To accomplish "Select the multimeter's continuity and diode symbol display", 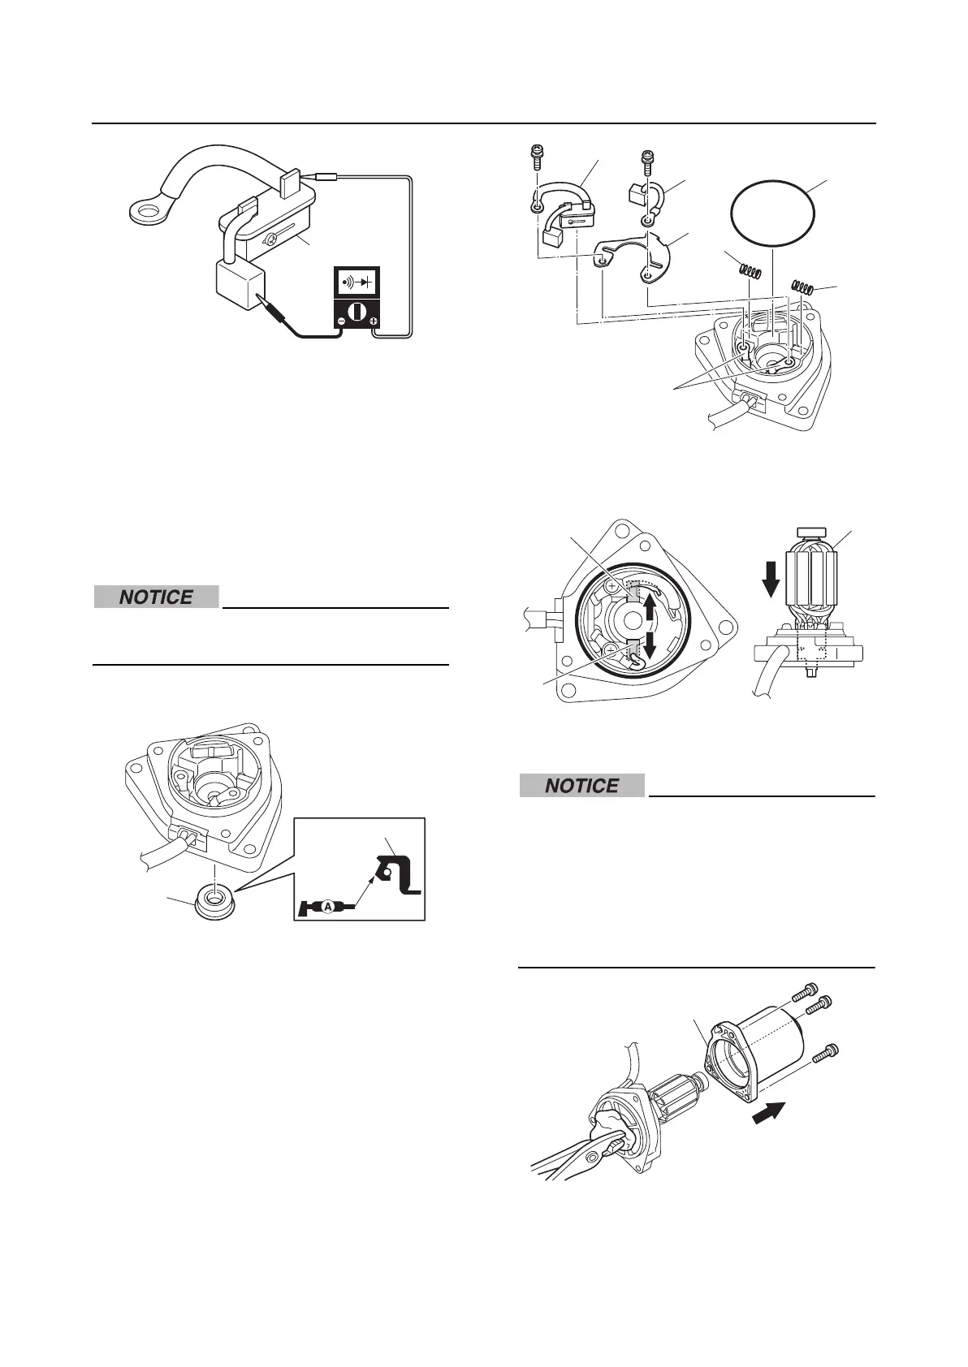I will pos(358,284).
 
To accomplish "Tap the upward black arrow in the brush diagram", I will pos(649,607).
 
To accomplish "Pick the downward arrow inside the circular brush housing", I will pos(649,646).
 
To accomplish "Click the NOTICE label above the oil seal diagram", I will pos(156,597).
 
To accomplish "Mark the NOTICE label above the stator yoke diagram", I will pos(581,786).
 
